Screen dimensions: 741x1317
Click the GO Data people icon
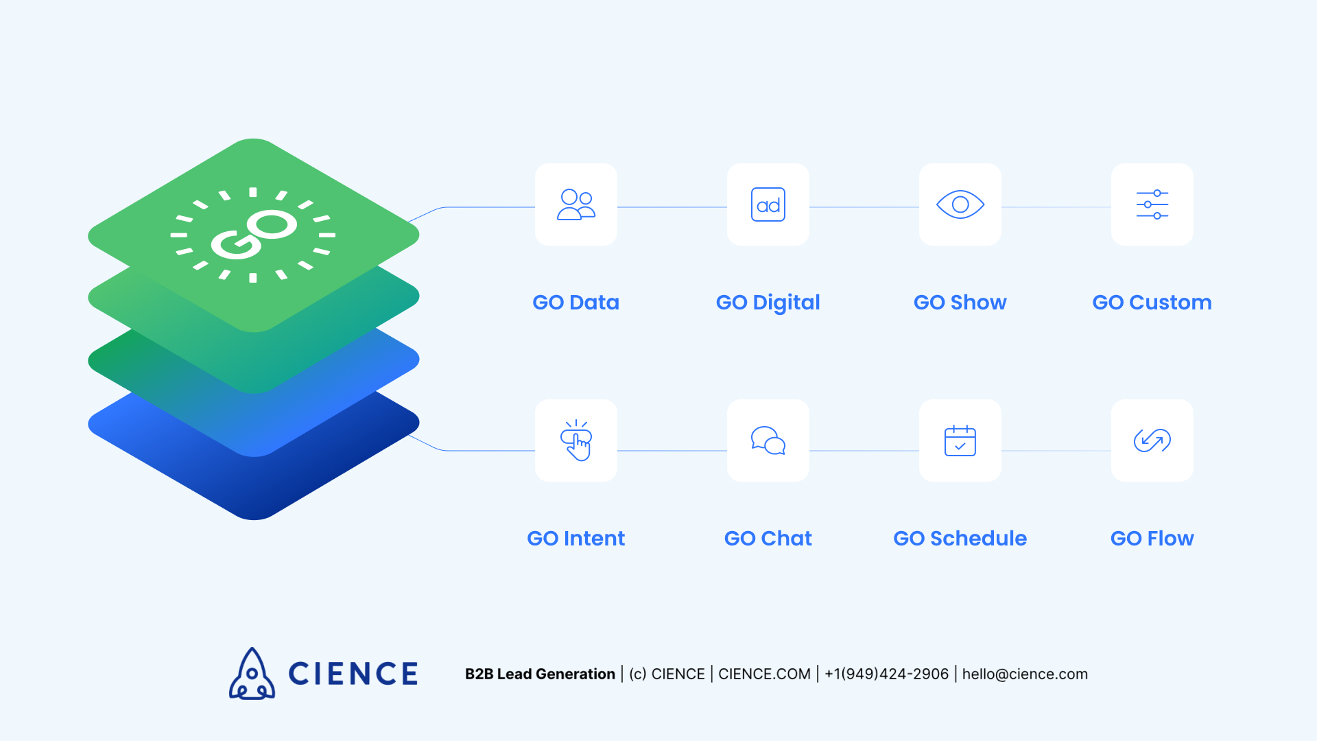tap(576, 204)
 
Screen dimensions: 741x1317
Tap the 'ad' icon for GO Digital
tap(768, 204)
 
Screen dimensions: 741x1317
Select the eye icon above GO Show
tap(960, 204)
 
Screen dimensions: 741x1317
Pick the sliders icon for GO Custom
tap(1152, 204)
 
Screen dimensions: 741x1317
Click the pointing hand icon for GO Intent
tap(576, 440)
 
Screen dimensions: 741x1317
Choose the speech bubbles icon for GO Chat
tap(768, 440)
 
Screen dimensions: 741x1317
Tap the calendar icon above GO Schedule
tap(960, 440)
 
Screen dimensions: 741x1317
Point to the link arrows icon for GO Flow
tap(1152, 440)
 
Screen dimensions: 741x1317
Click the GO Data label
tap(576, 303)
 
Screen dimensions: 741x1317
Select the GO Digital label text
tap(768, 303)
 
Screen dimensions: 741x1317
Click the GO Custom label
tap(1152, 303)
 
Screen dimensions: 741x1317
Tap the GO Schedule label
tap(960, 539)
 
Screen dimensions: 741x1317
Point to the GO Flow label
tap(1152, 539)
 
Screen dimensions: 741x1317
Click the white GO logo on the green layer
tap(254, 234)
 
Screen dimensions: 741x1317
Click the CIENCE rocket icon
tap(252, 674)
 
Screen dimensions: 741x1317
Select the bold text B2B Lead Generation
tap(540, 674)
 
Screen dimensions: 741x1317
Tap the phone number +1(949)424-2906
tap(886, 674)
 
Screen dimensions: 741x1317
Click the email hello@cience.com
tap(1025, 674)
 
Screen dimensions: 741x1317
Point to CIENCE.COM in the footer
tap(764, 674)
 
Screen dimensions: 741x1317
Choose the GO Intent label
tap(576, 539)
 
